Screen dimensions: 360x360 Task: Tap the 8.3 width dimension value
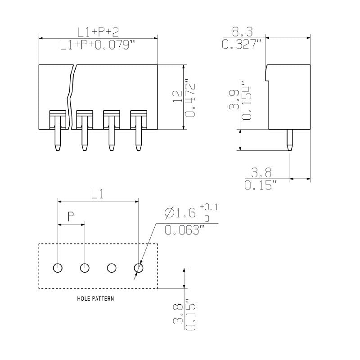[242, 31]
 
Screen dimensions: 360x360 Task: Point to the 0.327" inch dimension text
[242, 44]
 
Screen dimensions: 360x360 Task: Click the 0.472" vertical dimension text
[191, 99]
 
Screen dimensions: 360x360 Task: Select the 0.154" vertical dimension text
[247, 100]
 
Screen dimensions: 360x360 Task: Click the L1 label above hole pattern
[98, 194]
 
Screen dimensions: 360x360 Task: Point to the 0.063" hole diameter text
[184, 230]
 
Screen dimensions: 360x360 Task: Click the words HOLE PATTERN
[95, 298]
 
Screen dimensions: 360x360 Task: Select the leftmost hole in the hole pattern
[58, 268]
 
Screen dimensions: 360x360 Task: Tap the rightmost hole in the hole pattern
[139, 268]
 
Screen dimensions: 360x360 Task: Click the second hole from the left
[85, 268]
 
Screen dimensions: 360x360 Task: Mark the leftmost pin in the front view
[57, 137]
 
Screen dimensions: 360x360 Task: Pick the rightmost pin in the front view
[139, 137]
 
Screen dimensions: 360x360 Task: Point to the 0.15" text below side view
[261, 185]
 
